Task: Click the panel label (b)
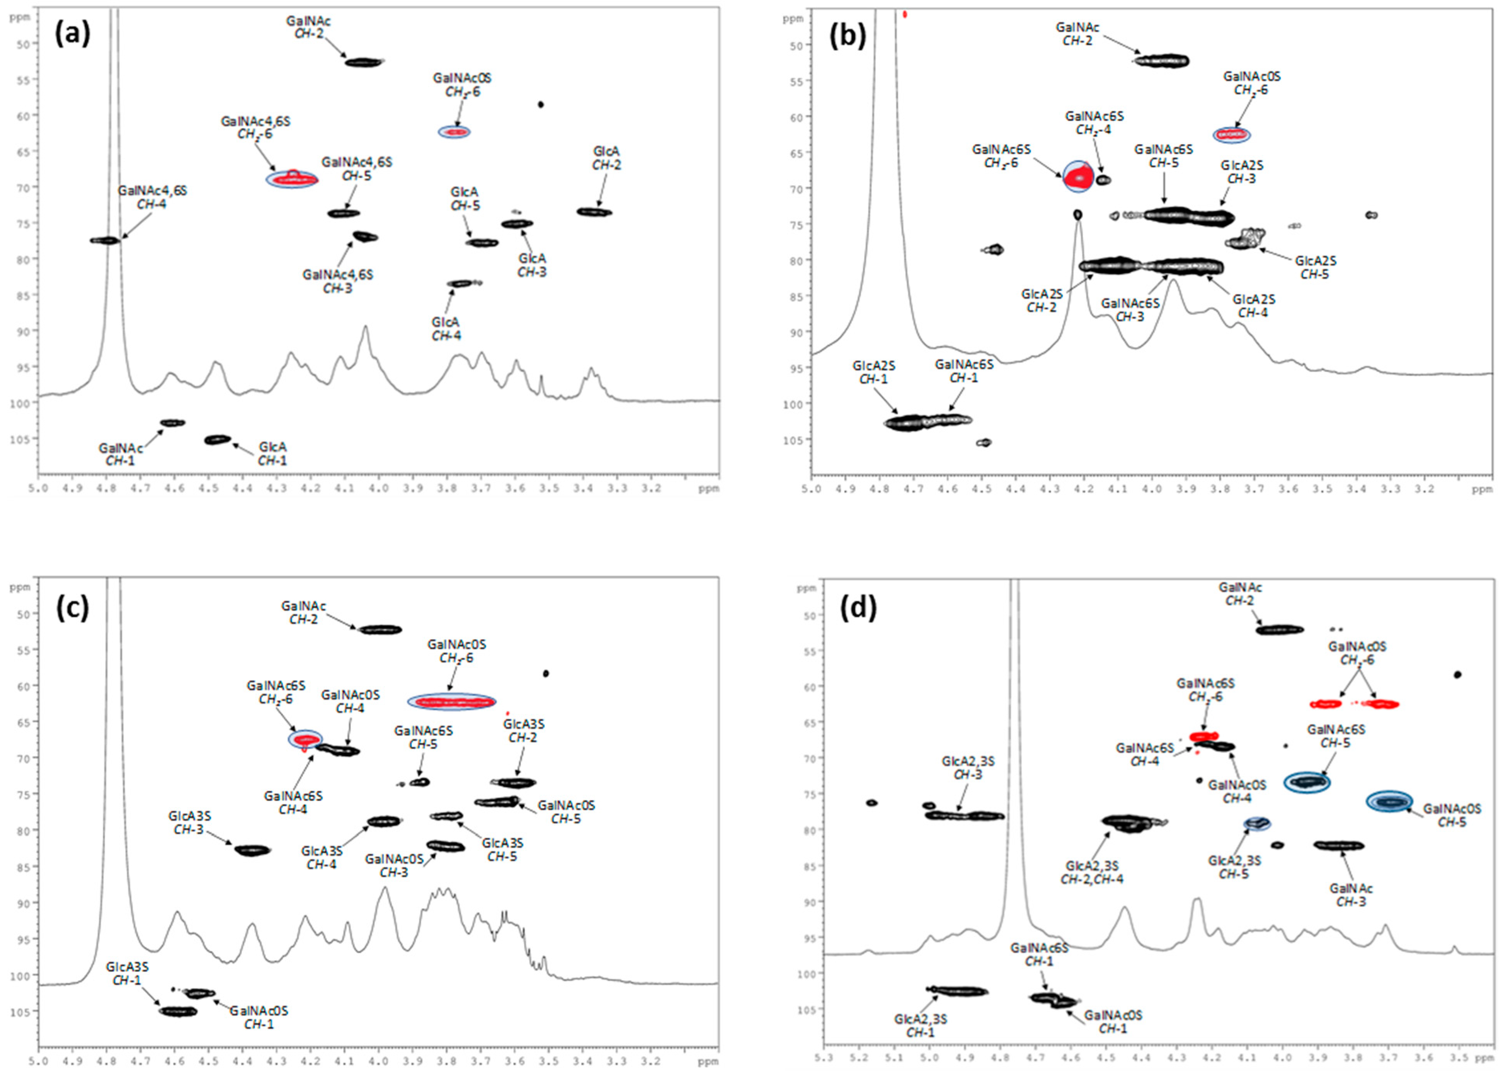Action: pyautogui.click(x=848, y=37)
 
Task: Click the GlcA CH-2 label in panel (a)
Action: pyautogui.click(x=606, y=158)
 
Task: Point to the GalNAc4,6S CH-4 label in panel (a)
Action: pyautogui.click(x=152, y=197)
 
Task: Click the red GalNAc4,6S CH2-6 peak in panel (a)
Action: pyautogui.click(x=292, y=179)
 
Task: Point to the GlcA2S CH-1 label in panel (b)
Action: pyautogui.click(x=873, y=372)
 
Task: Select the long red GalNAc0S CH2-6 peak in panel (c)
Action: pyautogui.click(x=452, y=702)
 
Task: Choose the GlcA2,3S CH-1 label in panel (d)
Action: pyautogui.click(x=920, y=1025)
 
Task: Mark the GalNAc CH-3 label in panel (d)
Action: pyautogui.click(x=1351, y=895)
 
